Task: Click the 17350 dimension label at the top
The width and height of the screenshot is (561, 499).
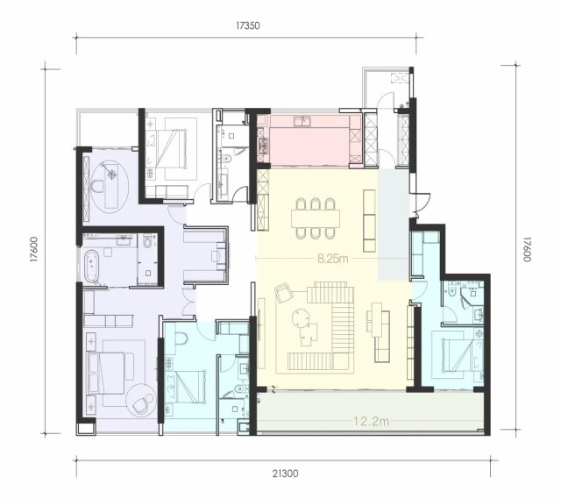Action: (247, 25)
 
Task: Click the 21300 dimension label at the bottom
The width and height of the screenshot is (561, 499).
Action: (285, 474)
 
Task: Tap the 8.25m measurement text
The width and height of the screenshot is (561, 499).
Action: (333, 259)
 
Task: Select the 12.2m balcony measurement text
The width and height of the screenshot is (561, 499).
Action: (371, 421)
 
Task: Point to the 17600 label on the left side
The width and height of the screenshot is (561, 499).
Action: (34, 249)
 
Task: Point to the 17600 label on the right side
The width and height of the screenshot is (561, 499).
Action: (526, 249)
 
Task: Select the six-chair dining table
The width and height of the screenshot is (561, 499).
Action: (316, 218)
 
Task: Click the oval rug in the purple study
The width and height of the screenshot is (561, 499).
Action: (110, 186)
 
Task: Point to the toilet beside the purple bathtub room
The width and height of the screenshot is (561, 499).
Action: (147, 240)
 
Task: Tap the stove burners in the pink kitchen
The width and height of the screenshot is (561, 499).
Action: (264, 145)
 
